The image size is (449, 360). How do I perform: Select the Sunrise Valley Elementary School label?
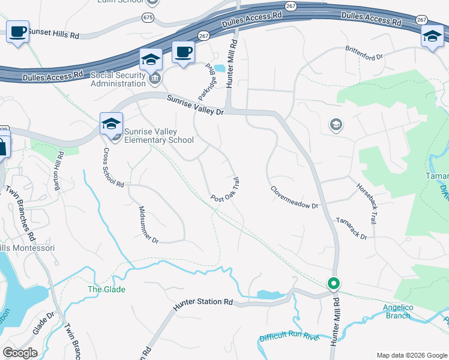click(x=159, y=136)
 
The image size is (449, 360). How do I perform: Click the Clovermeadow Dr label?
click(x=294, y=197)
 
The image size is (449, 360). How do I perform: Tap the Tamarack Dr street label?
click(x=351, y=229)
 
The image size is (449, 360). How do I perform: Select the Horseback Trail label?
click(x=367, y=204)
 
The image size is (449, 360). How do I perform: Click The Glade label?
click(x=107, y=290)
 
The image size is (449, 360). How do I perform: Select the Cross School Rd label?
click(x=113, y=167)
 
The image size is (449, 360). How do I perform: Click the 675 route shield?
click(x=148, y=17)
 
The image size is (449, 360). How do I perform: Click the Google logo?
click(x=20, y=353)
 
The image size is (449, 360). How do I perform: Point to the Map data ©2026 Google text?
click(x=411, y=355)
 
